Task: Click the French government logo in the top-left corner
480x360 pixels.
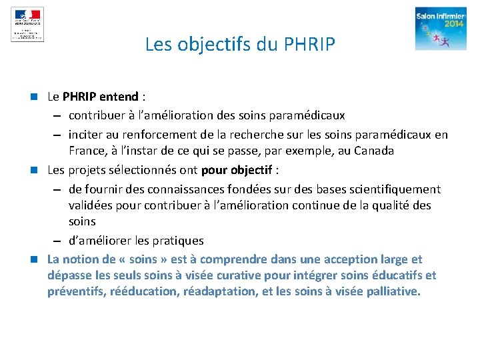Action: [27, 24]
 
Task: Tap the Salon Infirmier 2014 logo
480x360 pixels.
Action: [441, 29]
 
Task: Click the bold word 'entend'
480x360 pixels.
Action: [120, 97]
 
